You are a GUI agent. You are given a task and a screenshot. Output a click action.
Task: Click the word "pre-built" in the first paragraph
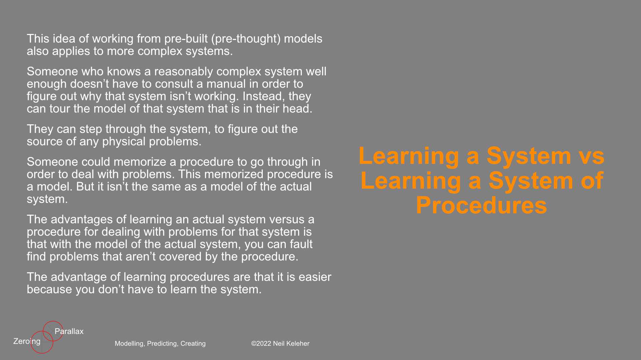186,39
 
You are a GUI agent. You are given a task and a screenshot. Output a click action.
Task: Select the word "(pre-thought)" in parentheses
246,39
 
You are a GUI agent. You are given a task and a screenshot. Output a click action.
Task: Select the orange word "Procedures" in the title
481,205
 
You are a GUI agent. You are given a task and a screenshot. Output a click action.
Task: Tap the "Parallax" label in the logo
69,331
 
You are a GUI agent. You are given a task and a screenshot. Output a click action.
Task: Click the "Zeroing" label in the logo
27,341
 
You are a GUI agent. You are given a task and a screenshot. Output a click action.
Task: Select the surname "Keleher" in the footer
298,344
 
